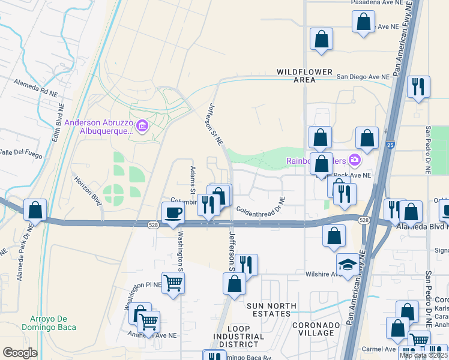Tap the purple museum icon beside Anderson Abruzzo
(142, 126)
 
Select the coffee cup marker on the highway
(173, 213)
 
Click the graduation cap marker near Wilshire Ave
(348, 265)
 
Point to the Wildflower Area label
(304, 76)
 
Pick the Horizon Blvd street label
(87, 190)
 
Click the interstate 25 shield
(391, 145)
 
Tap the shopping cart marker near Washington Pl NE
(173, 282)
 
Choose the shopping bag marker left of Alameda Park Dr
(35, 210)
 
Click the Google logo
(20, 353)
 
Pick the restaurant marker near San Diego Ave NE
(418, 86)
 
